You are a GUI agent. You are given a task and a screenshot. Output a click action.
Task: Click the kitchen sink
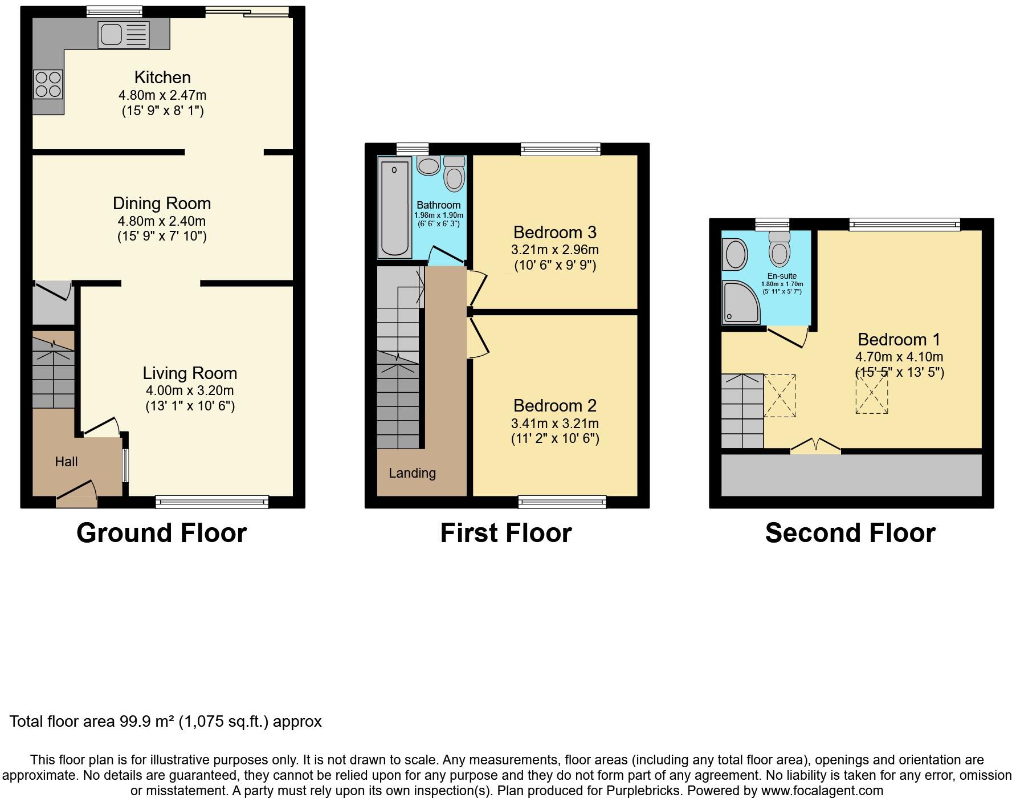click(124, 34)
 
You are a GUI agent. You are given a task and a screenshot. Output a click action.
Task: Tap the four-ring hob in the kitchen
click(48, 84)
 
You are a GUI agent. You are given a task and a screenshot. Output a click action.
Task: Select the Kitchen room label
click(162, 77)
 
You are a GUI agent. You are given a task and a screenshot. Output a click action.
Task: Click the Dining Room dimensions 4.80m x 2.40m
click(162, 221)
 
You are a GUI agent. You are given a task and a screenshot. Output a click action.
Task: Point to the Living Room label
click(190, 373)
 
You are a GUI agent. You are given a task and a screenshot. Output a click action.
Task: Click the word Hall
click(66, 462)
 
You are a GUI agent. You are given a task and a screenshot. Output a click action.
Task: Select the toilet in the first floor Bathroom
click(454, 173)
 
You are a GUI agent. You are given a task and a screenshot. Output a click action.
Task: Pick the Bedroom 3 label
click(554, 233)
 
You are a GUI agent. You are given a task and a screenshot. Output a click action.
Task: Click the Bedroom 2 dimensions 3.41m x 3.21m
click(555, 424)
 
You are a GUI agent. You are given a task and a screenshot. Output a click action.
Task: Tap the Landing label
click(412, 473)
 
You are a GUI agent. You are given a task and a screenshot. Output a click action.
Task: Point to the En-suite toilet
click(780, 249)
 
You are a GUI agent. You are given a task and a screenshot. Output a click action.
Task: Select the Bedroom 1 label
click(899, 340)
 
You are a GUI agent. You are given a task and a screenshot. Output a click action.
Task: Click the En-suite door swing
click(788, 336)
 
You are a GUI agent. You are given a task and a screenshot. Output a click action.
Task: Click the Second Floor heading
click(850, 533)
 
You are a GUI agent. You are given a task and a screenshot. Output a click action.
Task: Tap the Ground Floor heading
click(161, 533)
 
